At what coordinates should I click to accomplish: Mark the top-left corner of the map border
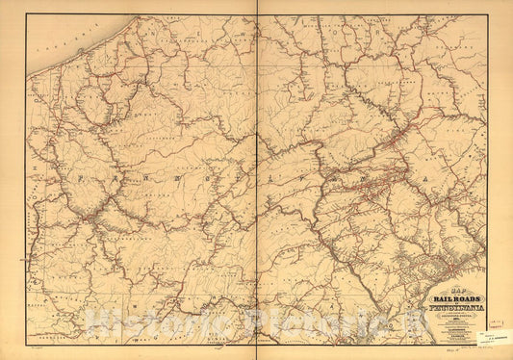[26, 13]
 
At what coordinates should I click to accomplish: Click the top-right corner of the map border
[487, 13]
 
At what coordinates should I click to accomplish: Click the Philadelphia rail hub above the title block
[445, 264]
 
